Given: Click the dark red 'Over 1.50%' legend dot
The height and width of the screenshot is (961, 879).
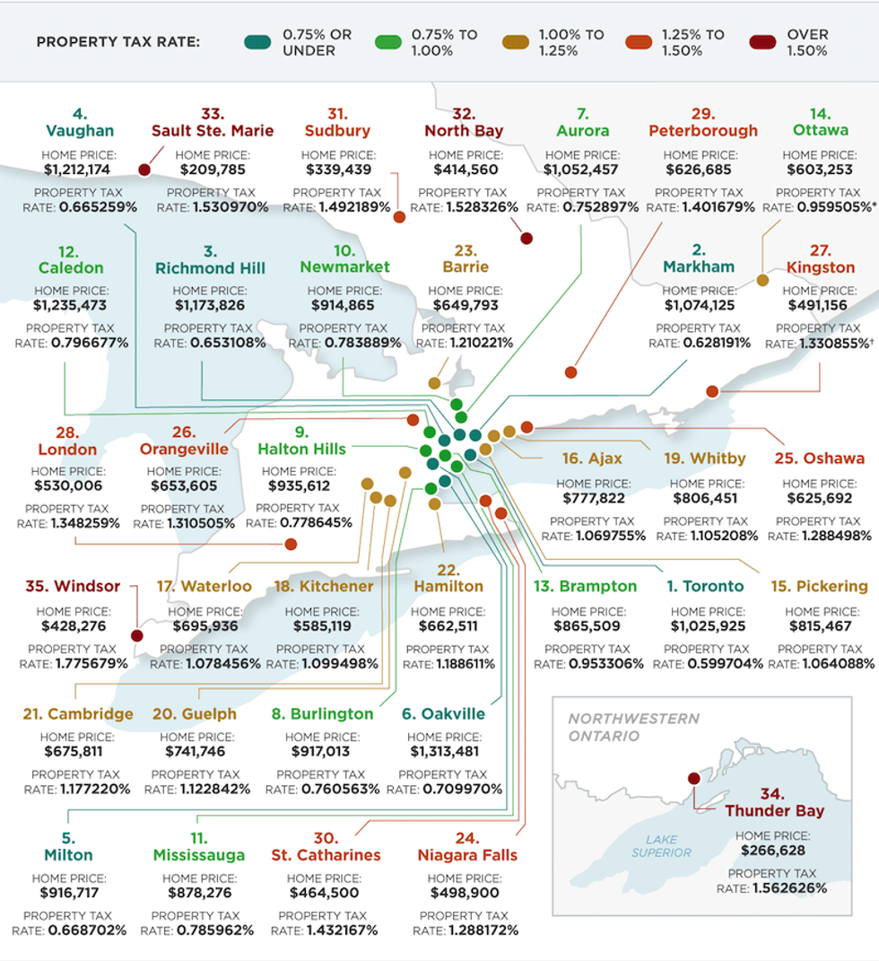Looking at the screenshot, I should pyautogui.click(x=762, y=42).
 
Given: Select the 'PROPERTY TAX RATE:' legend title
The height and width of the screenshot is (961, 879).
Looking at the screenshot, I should pyautogui.click(x=118, y=42).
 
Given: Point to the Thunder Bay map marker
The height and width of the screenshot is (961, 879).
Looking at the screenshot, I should pyautogui.click(x=692, y=778).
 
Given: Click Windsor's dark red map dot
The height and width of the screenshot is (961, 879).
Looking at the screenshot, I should pyautogui.click(x=136, y=635).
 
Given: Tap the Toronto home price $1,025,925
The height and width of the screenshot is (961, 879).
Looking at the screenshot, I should pyautogui.click(x=709, y=626).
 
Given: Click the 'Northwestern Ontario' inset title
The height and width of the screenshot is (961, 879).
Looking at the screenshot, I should pyautogui.click(x=632, y=727).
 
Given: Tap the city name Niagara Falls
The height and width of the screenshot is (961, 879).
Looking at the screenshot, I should pyautogui.click(x=466, y=855).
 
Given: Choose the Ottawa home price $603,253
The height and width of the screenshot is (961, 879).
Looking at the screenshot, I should pyautogui.click(x=820, y=169).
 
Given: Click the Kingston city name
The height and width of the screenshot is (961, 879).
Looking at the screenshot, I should pyautogui.click(x=820, y=267).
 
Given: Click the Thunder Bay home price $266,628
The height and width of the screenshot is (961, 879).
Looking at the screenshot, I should pyautogui.click(x=771, y=851).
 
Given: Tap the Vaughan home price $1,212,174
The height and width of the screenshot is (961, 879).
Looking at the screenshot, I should pyautogui.click(x=79, y=169).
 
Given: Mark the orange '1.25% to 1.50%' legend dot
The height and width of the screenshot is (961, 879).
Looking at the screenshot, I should pyautogui.click(x=638, y=42).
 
